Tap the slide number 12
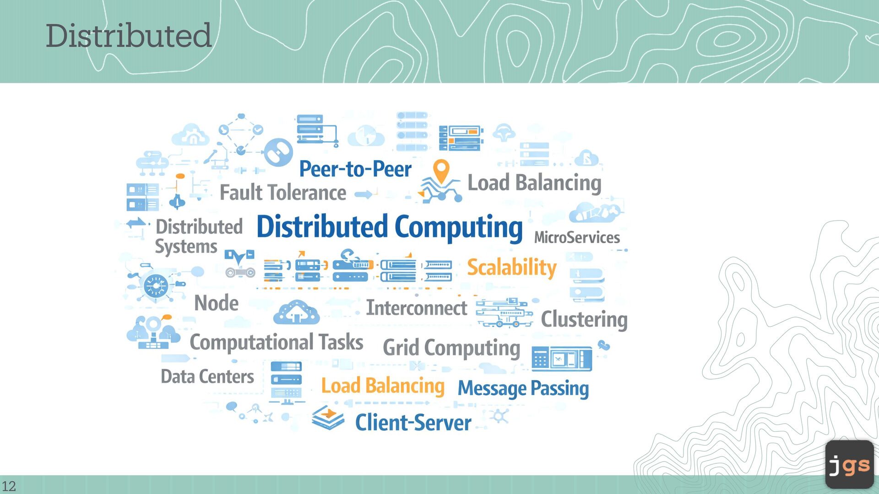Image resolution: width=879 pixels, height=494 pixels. pos(9,486)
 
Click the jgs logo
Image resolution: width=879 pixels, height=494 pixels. pos(849,465)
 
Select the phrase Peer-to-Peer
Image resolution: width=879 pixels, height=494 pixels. pos(355,169)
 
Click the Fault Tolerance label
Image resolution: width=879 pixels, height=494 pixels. pos(283,193)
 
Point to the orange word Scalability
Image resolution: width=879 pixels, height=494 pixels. pos(511,267)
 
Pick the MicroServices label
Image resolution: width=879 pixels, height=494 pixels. pos(577,237)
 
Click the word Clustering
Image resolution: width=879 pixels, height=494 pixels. pos(584,319)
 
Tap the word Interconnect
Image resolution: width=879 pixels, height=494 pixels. pos(417,308)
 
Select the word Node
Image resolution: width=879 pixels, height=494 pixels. pos(217,303)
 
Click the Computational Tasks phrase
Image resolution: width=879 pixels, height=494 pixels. pos(277,342)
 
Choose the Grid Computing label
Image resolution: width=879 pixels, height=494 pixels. pos(451,348)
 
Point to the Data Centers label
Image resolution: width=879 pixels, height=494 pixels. pos(207,376)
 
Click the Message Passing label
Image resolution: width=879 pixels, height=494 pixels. pos(523,388)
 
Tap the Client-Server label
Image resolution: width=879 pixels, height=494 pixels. pos(413,422)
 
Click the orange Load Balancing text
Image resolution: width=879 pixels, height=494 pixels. pos(383,386)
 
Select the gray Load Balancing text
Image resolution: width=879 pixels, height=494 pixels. pos(534,183)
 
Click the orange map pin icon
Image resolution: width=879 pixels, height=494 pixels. pos(441,171)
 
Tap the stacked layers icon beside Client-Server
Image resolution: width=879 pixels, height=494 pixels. pos(328,417)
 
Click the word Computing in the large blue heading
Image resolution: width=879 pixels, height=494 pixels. pos(458,227)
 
